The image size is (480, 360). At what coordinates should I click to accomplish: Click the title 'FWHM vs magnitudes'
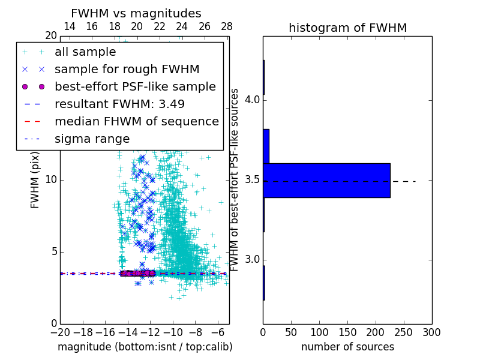point(136,13)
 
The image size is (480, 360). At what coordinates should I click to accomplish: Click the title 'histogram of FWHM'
point(347,28)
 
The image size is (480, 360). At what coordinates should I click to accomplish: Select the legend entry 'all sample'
point(85,52)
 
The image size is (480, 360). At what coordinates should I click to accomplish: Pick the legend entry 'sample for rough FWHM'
point(127,70)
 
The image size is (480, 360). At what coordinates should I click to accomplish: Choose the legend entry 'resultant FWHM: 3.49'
point(119,104)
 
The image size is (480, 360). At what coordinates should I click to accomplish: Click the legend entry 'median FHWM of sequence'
point(137,121)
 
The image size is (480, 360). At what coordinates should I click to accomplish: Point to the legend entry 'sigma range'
point(92,139)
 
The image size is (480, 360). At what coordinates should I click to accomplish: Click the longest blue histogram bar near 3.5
point(326,180)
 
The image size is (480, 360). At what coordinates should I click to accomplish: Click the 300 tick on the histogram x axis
point(431,331)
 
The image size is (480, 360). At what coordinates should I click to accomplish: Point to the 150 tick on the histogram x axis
point(347,331)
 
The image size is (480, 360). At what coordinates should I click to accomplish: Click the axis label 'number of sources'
point(347,347)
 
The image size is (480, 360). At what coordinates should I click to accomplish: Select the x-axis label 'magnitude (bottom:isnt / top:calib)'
point(145,347)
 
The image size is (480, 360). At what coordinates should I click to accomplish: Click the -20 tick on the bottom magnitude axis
point(60,331)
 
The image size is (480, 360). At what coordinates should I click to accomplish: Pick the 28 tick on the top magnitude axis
point(227,26)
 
